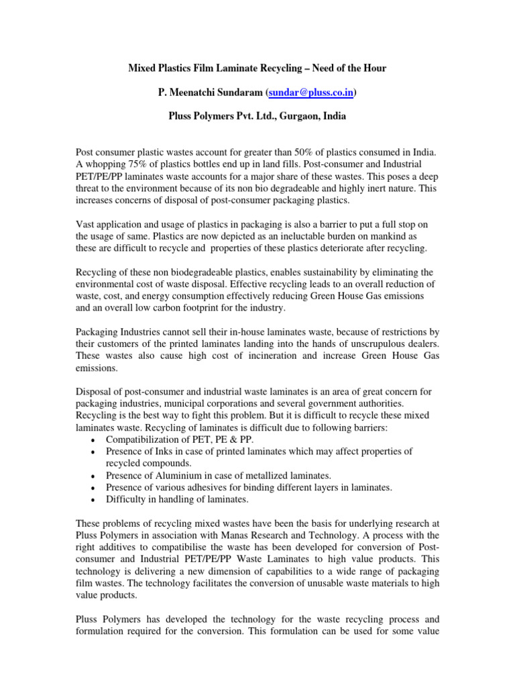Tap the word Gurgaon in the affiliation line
295,115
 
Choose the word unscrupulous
371,343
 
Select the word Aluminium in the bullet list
172,475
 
